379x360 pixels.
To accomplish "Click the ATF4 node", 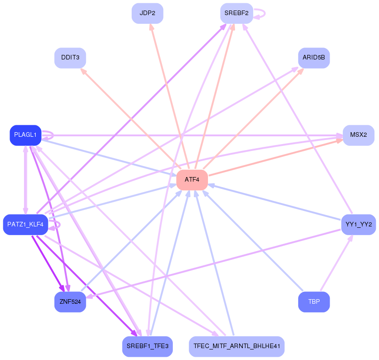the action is click(x=192, y=180).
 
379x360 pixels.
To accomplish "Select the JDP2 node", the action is click(x=148, y=13).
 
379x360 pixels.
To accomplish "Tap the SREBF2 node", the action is click(x=237, y=13).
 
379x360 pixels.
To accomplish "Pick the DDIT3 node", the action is click(x=70, y=58).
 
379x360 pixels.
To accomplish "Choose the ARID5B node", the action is click(x=314, y=58).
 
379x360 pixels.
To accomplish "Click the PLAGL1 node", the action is click(x=26, y=135).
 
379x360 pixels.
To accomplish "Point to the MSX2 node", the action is click(x=359, y=135).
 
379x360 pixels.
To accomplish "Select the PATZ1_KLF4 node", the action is click(x=26, y=224).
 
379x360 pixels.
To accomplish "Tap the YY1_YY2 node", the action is click(x=358, y=224).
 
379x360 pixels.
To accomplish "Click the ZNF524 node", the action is click(x=70, y=302).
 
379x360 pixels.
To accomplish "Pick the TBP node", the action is click(x=314, y=302).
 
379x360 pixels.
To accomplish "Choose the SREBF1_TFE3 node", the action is click(x=148, y=346).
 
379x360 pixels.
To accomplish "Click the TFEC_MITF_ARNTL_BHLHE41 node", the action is click(x=237, y=346).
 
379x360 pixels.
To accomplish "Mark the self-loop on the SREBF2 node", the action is click(x=260, y=14).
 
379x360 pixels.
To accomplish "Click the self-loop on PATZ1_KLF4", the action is click(x=54, y=225).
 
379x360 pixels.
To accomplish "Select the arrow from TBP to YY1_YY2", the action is click(x=336, y=263).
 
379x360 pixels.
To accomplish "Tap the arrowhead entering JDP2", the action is click(x=151, y=27).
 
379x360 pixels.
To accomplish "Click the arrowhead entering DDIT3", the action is click(x=83, y=71).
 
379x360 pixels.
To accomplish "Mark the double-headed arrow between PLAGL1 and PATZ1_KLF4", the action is click(x=26, y=180).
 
